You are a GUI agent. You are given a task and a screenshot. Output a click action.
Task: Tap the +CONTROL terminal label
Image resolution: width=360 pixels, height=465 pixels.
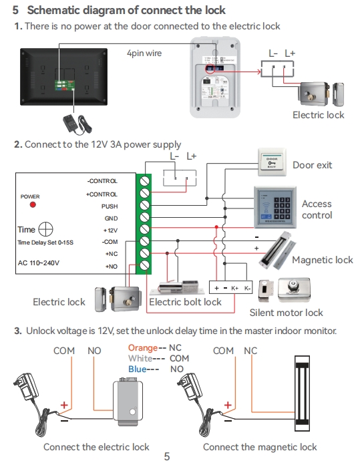[102, 194]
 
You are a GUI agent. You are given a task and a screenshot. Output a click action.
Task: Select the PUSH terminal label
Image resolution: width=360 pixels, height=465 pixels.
[109, 206]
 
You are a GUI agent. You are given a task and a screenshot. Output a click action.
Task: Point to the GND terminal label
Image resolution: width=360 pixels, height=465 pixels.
[110, 218]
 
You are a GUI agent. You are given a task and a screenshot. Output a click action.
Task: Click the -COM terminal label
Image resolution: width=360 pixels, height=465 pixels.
[109, 242]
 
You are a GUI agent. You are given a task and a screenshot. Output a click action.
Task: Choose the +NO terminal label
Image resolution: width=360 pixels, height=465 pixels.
[111, 266]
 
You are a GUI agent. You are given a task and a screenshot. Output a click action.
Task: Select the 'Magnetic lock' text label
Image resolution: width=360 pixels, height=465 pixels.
[322, 260]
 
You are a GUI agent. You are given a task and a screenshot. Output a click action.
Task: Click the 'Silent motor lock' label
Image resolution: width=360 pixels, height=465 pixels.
[286, 312]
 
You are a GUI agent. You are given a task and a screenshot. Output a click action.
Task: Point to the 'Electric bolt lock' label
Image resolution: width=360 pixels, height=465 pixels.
[185, 302]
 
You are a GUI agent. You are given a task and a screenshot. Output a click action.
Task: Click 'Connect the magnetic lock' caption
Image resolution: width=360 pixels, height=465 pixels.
[260, 447]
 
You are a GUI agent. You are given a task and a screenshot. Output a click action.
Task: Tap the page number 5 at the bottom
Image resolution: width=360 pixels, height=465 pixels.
[167, 458]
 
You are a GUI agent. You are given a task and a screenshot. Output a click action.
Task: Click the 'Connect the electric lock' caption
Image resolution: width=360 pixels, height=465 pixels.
[96, 447]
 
